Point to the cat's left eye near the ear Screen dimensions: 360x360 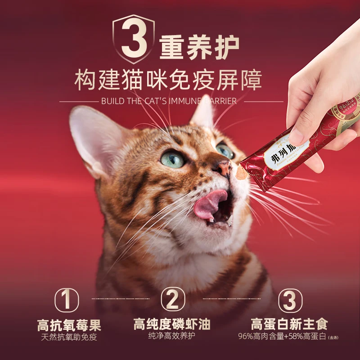point(173,159)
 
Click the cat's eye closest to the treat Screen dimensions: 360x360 point(225,150)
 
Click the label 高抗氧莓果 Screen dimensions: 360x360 point(69,325)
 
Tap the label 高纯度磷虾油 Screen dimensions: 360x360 point(172,324)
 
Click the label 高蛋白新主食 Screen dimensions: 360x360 point(289,324)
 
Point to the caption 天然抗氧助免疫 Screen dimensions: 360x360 point(69,337)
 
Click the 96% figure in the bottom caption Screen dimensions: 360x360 point(246,336)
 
